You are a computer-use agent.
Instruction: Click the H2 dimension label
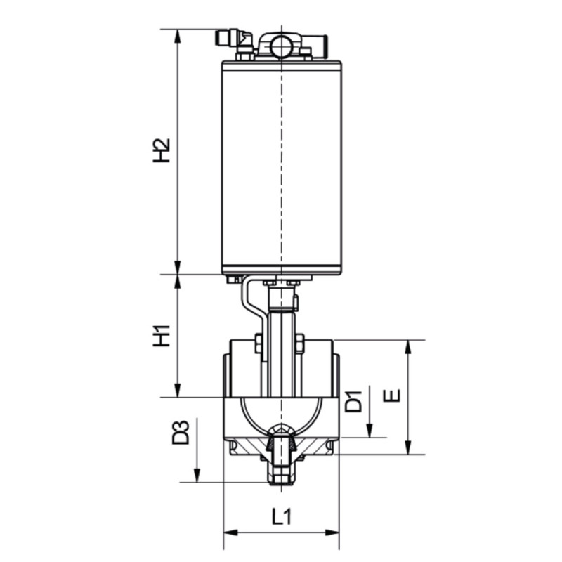161,150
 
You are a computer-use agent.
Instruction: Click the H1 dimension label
161,336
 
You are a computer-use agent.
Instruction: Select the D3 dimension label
181,433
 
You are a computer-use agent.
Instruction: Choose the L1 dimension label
282,517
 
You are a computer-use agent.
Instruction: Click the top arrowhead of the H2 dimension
177,37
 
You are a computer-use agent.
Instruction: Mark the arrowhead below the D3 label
197,475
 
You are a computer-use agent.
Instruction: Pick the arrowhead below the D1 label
370,430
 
